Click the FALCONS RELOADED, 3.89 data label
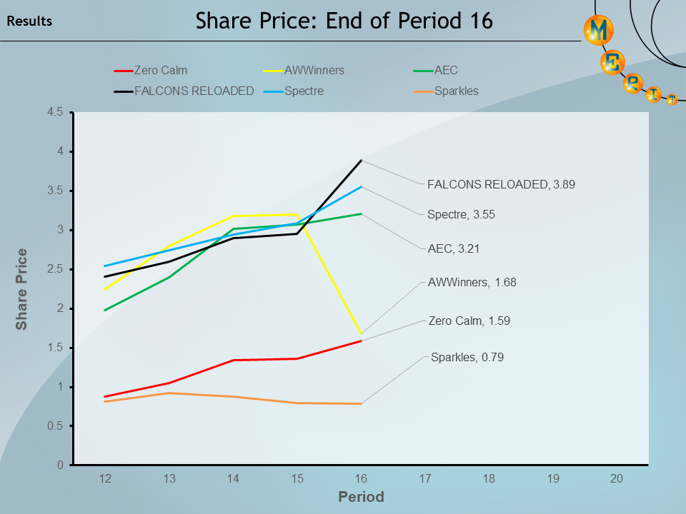coord(500,183)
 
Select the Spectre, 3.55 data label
coord(461,214)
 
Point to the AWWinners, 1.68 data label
coord(472,282)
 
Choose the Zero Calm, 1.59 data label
coord(469,321)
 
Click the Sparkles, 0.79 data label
coord(467,357)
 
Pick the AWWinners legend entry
coord(314,71)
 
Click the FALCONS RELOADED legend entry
coord(194,91)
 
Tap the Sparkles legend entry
coord(456,91)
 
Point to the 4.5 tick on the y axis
coord(56,112)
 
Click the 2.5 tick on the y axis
coord(56,269)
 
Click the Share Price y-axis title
coord(22,288)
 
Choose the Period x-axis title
coord(361,497)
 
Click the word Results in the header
coord(29,21)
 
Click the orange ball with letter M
coord(598,30)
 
